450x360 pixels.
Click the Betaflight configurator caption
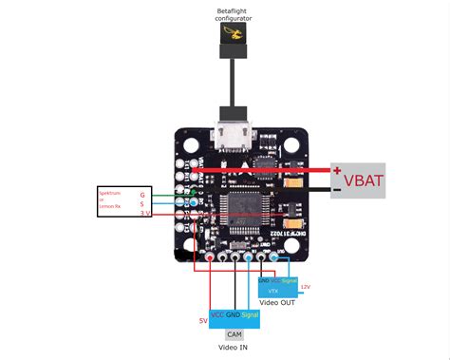pyautogui.click(x=233, y=14)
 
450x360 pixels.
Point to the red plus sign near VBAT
pyautogui.click(x=336, y=171)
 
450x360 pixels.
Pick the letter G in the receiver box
pyautogui.click(x=143, y=193)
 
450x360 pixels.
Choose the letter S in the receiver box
pyautogui.click(x=143, y=202)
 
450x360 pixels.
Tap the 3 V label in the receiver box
pyautogui.click(x=144, y=213)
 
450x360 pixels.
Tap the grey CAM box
pyautogui.click(x=234, y=334)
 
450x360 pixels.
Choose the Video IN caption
pyautogui.click(x=234, y=348)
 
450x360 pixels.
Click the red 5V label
pyautogui.click(x=202, y=321)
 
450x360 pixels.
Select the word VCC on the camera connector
pyautogui.click(x=217, y=314)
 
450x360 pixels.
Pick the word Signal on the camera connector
pyautogui.click(x=249, y=314)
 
